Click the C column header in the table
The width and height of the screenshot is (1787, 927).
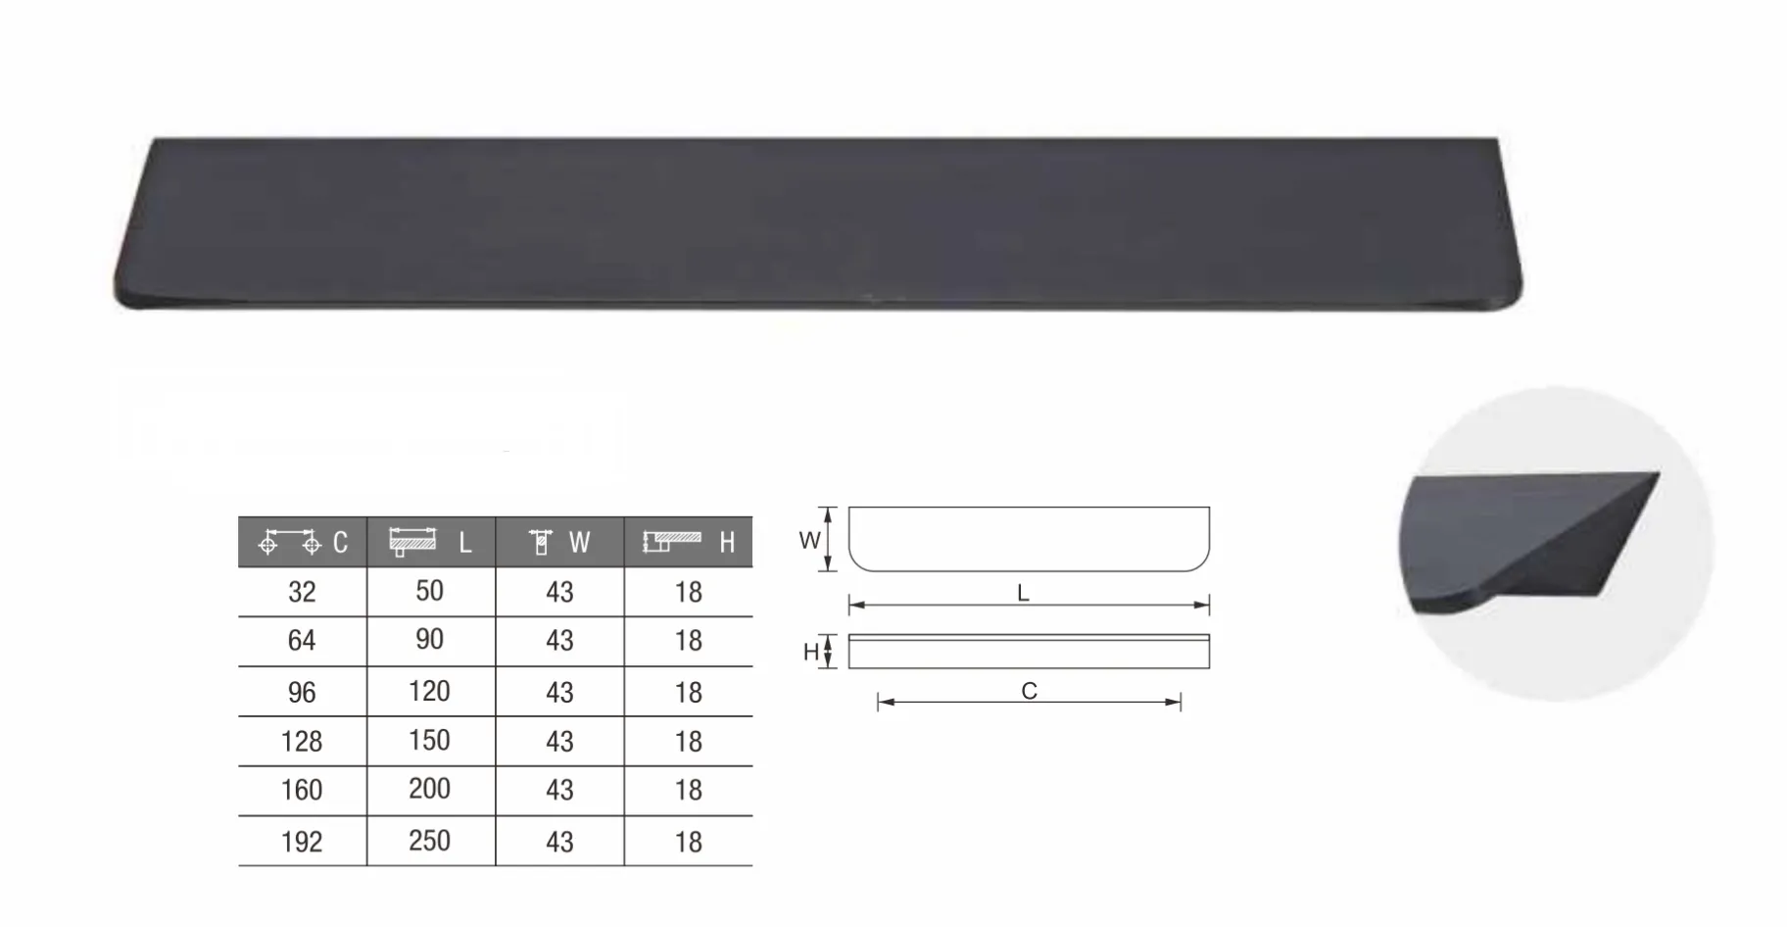click(303, 542)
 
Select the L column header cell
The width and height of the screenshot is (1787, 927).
click(431, 542)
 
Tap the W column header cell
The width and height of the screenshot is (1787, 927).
click(559, 542)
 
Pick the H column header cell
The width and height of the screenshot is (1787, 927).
click(689, 542)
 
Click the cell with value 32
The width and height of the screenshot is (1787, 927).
click(302, 592)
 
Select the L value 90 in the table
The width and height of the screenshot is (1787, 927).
click(429, 640)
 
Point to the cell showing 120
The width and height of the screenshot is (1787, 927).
click(429, 692)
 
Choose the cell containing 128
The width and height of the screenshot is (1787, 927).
click(302, 742)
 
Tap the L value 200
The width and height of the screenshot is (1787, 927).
click(429, 790)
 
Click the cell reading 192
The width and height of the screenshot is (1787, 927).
click(302, 842)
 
